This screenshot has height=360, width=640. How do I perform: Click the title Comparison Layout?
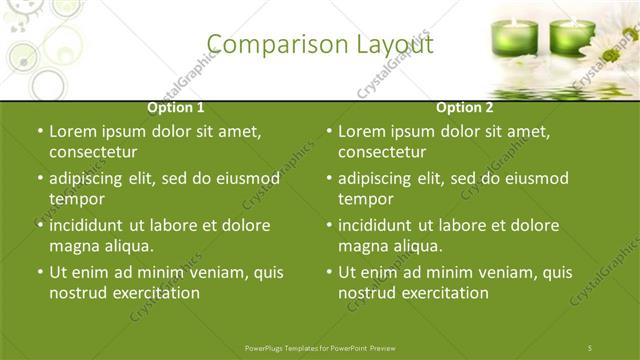click(320, 45)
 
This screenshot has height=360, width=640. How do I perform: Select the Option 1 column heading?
click(176, 107)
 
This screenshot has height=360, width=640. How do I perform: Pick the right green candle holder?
click(571, 37)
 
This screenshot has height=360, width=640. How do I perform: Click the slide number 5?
click(590, 347)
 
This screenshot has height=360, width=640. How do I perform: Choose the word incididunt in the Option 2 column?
click(379, 225)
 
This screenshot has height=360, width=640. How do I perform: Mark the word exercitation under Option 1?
click(155, 293)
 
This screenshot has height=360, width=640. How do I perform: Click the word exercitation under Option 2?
click(444, 293)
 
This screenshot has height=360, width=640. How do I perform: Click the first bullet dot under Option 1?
click(40, 132)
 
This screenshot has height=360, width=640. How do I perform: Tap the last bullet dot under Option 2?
click(329, 272)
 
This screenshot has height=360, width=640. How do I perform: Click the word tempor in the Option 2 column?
click(365, 199)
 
